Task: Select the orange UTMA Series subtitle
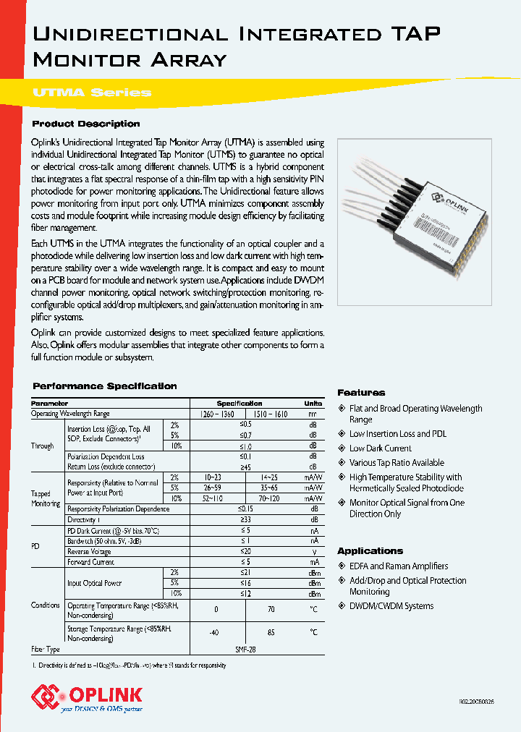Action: click(x=92, y=93)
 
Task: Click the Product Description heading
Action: click(x=86, y=124)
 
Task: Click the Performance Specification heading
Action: click(x=105, y=386)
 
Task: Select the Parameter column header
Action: click(x=50, y=403)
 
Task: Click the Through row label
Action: click(x=42, y=446)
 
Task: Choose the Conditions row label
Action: click(x=45, y=605)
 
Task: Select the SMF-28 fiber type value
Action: click(x=245, y=650)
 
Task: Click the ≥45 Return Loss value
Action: click(x=247, y=467)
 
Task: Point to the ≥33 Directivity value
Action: click(x=247, y=519)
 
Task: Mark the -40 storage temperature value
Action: click(x=214, y=633)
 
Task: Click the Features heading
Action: click(x=361, y=393)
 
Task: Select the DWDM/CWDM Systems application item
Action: click(x=391, y=606)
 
